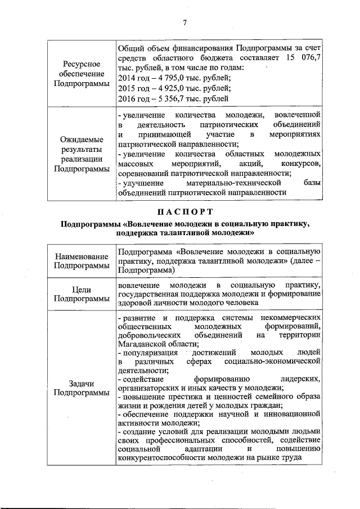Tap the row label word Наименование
pyautogui.click(x=79, y=255)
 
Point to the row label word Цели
pyautogui.click(x=79, y=289)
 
